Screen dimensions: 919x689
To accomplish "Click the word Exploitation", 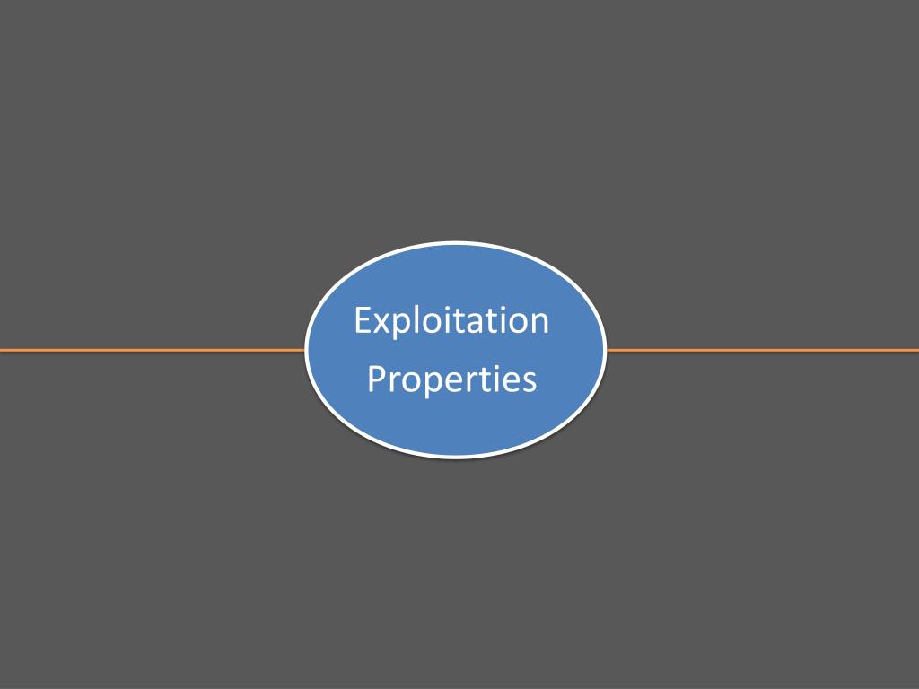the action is (451, 320).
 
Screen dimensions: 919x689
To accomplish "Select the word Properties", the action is (451, 379).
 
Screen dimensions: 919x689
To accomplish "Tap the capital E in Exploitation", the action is (363, 320).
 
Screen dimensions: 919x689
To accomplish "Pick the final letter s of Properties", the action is (530, 381).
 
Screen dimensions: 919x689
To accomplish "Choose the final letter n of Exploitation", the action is (538, 323).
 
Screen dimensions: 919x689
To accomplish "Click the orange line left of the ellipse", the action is (153, 350).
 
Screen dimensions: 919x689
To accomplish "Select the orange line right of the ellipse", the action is (763, 350).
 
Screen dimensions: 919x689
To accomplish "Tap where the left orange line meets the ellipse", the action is (306, 350).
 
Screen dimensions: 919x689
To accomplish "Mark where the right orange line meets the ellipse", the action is (607, 350).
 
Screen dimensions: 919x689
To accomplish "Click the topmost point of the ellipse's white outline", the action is (456, 243).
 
